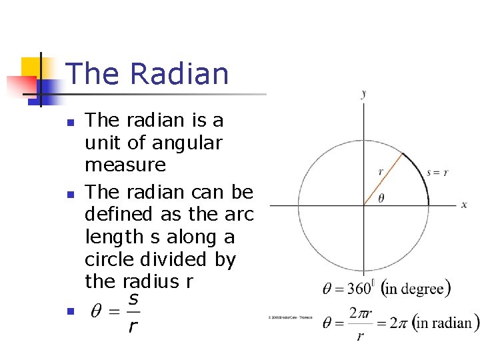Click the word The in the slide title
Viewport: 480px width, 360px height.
coord(92,74)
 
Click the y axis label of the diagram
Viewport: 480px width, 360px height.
coord(363,93)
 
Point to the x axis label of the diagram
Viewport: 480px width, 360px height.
coord(464,204)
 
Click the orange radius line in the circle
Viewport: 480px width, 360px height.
coord(383,179)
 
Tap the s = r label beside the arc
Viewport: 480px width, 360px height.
coord(437,172)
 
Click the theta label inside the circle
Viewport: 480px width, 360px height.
coord(381,198)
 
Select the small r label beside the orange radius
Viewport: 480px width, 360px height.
coord(380,171)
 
